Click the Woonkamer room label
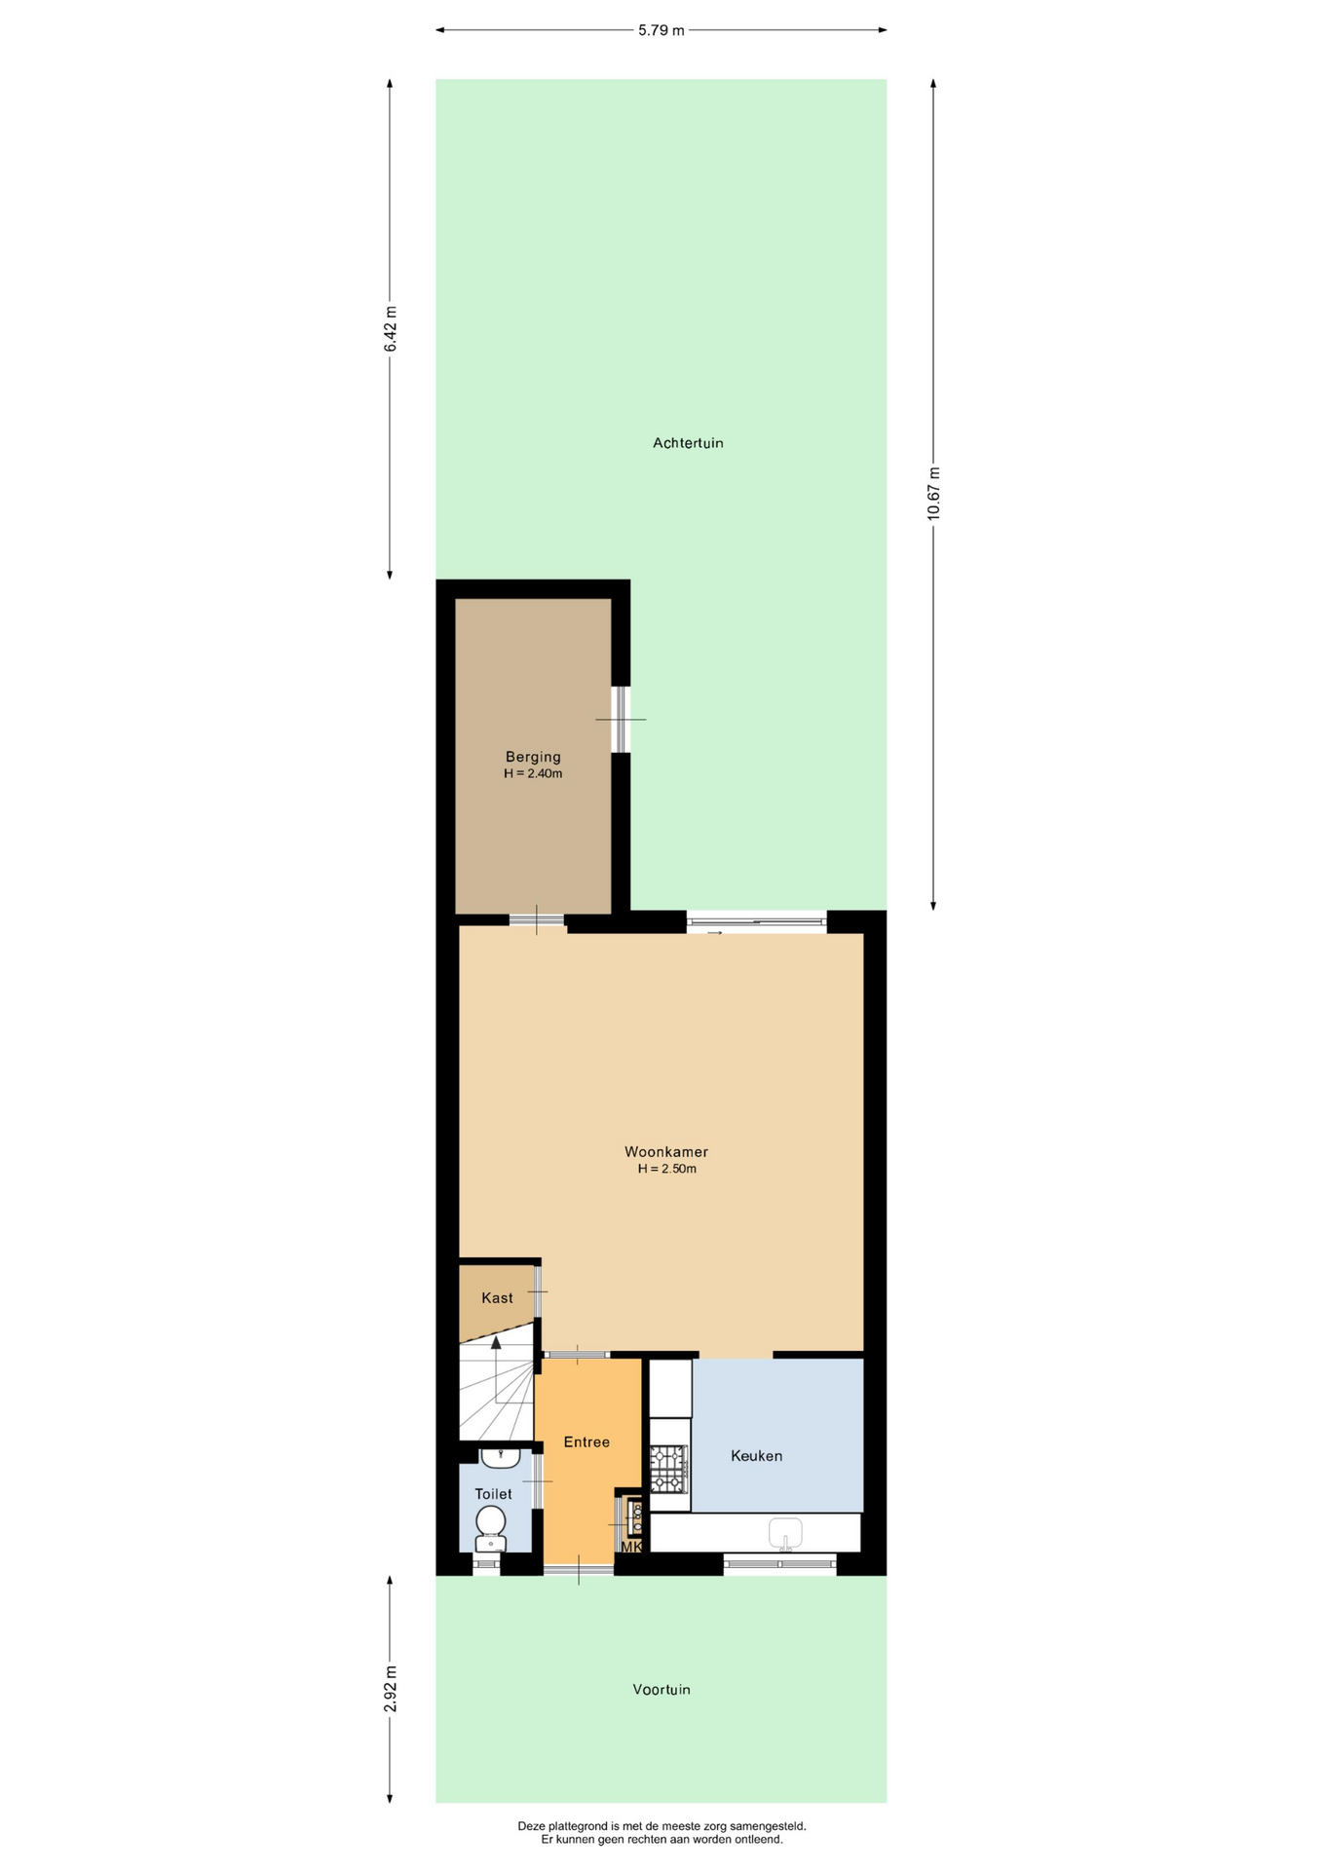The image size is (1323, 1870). tap(666, 1151)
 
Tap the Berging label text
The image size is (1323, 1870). tap(533, 757)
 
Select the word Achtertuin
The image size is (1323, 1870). tap(688, 443)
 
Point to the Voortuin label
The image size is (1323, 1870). tap(661, 1689)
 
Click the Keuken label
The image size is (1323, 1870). tap(757, 1456)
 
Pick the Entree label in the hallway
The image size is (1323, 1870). tap(586, 1441)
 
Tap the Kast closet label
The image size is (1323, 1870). tap(497, 1297)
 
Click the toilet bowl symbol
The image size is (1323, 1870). tap(490, 1528)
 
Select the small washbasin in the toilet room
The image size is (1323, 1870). tap(500, 1458)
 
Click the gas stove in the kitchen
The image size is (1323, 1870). tap(668, 1469)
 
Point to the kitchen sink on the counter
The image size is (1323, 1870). tap(785, 1533)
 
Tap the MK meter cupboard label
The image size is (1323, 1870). tap(631, 1547)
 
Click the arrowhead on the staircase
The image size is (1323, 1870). tap(496, 1343)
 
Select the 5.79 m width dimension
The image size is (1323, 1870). tap(661, 30)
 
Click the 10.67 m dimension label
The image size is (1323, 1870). tap(933, 494)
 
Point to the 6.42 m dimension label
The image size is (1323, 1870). tap(390, 329)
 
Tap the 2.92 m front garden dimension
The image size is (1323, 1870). tap(390, 1689)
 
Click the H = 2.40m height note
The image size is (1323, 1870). tap(533, 774)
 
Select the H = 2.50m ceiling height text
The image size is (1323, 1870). tap(667, 1169)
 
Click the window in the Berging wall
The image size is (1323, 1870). tap(621, 720)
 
